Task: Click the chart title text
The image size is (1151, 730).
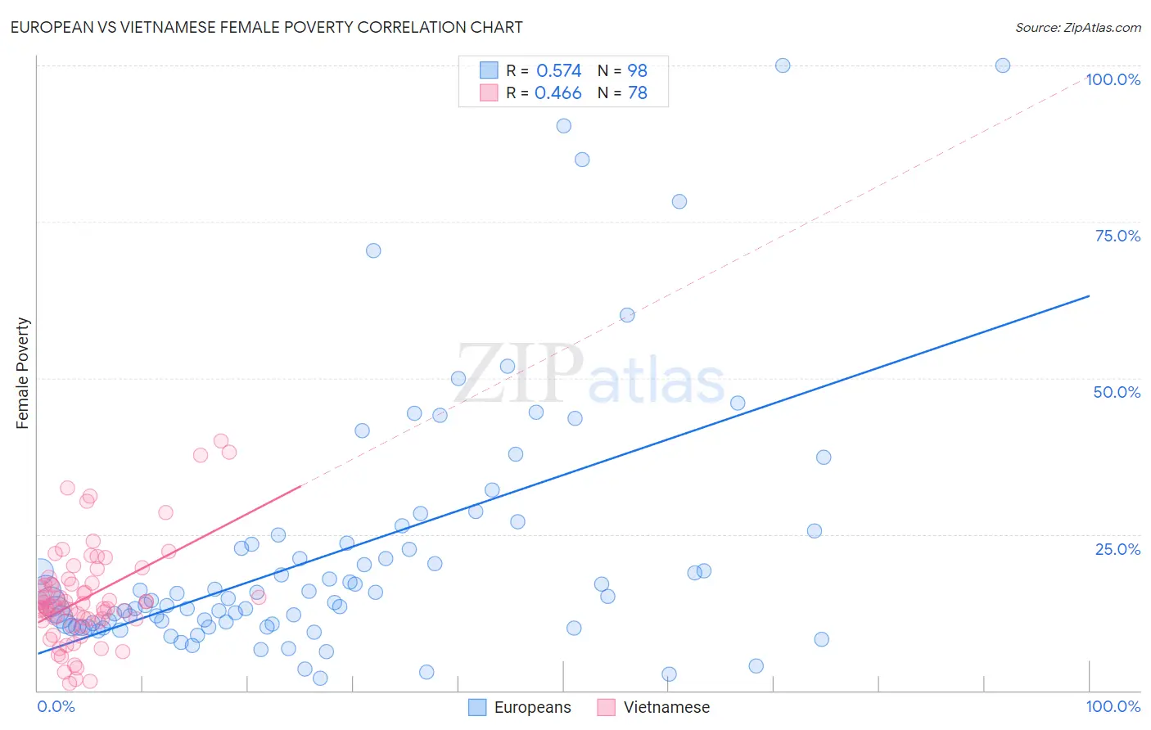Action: (266, 27)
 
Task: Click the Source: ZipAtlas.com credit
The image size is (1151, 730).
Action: (1077, 27)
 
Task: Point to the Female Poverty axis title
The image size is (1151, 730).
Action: (22, 373)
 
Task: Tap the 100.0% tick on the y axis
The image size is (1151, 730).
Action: (1113, 79)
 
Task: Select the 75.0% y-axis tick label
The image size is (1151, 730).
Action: (1117, 236)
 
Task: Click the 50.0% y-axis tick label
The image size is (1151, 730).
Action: (1117, 392)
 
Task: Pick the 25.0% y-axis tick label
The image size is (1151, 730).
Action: (1117, 549)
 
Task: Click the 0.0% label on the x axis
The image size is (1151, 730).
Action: (56, 706)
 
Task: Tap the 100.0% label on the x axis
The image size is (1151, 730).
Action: (1113, 706)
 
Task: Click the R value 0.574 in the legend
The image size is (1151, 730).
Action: (558, 71)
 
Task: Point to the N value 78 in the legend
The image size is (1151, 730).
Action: (637, 93)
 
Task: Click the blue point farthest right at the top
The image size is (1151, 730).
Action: (1002, 65)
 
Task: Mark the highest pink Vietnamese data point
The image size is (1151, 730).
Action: (220, 440)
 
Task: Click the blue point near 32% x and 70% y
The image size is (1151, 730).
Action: (373, 250)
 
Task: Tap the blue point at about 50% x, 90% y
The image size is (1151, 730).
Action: (564, 126)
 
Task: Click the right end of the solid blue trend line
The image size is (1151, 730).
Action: (1089, 295)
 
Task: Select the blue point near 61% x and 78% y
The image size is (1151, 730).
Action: (679, 201)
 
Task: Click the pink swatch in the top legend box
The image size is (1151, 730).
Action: (489, 93)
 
